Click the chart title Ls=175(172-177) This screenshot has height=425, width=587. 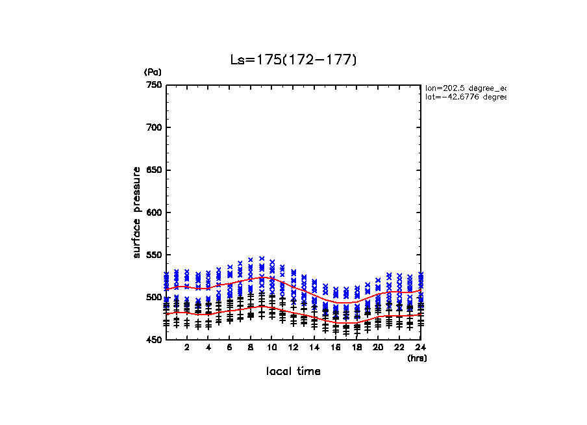293,60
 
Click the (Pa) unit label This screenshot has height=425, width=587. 153,72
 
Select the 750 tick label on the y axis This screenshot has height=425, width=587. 153,85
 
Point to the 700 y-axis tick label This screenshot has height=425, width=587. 153,127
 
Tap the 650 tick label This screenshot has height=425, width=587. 153,170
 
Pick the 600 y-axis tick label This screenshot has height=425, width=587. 153,212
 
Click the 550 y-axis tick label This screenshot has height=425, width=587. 153,255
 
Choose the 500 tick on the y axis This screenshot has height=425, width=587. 153,298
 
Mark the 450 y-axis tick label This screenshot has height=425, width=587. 153,340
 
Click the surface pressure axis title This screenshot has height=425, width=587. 137,212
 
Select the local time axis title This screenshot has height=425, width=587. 293,371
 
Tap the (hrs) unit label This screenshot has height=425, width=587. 417,357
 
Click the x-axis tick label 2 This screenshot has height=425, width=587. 187,348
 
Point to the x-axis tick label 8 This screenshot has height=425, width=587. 251,348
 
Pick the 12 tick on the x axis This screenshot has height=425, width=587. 293,348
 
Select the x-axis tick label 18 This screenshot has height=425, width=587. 356,348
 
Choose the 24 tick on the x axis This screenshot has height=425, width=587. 420,348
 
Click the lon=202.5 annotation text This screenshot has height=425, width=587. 465,87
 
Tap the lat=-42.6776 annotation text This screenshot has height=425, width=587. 465,97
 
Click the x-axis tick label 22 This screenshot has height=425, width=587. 399,348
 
